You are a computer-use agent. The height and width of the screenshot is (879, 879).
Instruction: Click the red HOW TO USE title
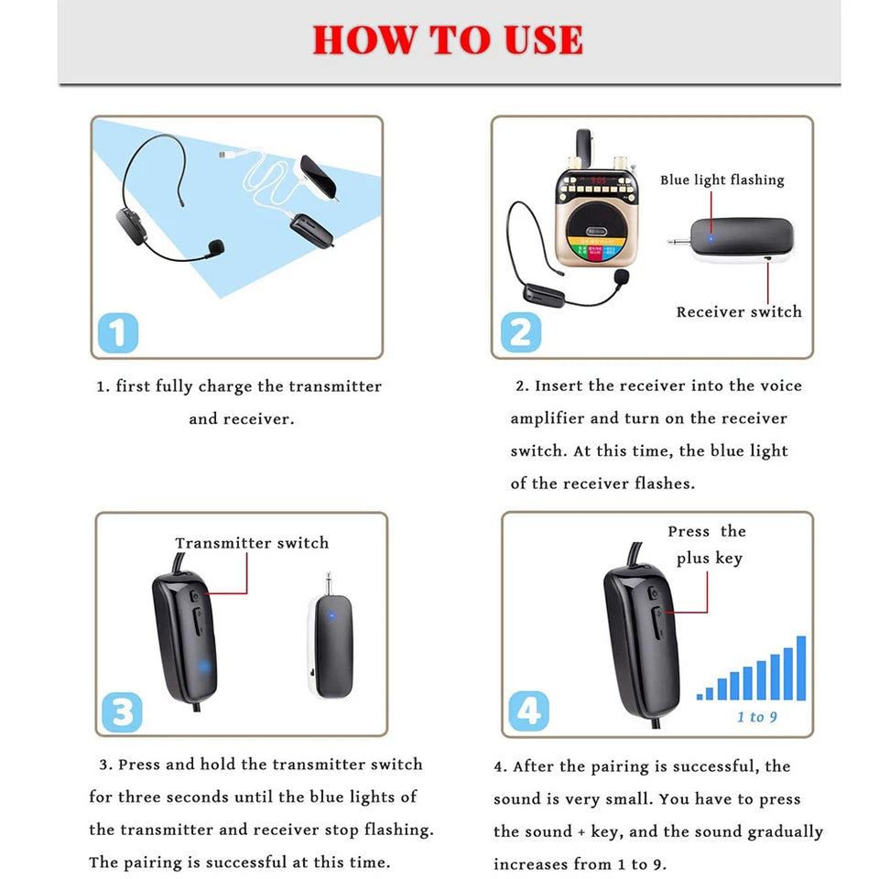coord(448,40)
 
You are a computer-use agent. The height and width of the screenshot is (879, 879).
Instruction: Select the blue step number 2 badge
coord(520,331)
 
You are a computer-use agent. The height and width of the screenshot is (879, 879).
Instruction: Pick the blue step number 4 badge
coord(528,711)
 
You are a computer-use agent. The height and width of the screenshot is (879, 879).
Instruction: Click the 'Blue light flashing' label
coord(722,180)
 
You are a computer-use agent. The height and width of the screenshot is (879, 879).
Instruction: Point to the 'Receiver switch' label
coord(738,312)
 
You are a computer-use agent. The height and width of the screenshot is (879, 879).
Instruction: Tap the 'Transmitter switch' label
coord(252,543)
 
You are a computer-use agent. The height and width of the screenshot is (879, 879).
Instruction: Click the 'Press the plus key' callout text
coord(706,545)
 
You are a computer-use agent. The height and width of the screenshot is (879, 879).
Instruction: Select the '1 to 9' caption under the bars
coord(756,717)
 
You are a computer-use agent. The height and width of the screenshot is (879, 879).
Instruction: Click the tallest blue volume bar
coord(801,668)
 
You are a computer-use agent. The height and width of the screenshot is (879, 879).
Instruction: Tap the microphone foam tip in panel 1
coord(216,246)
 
